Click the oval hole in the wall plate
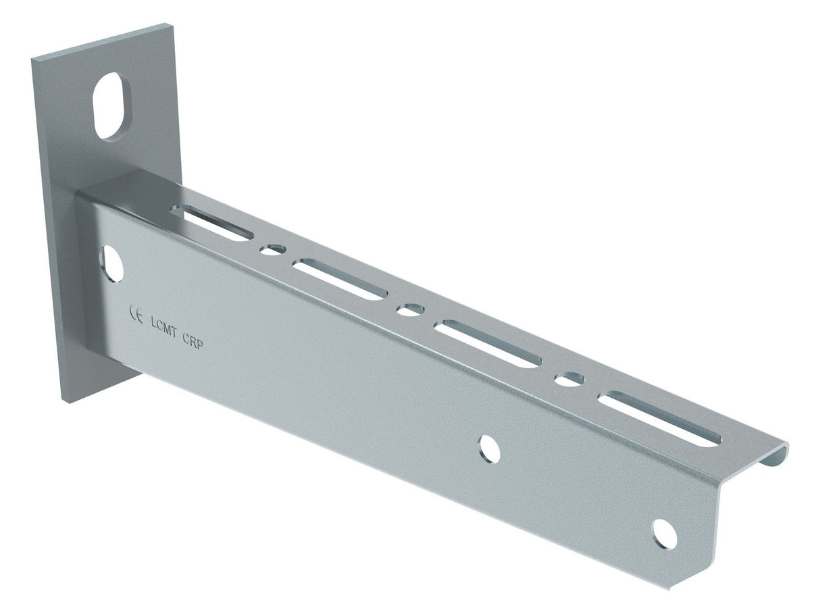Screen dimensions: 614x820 (111, 106)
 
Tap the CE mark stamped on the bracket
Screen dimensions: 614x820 (135, 315)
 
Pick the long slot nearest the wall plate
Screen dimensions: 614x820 (212, 224)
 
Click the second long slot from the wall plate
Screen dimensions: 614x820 (340, 279)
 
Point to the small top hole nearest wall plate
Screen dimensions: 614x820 (273, 250)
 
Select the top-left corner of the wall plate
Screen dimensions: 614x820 (31, 58)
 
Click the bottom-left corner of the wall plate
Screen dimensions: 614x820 (68, 403)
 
